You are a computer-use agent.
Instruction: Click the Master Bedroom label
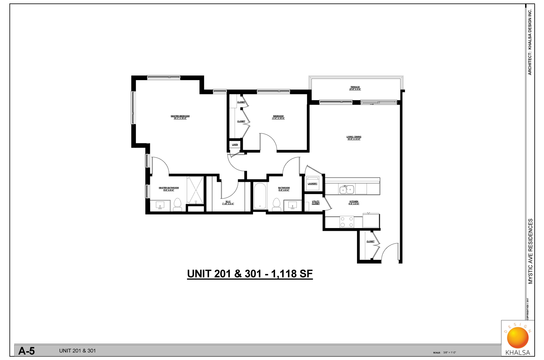(x=180, y=116)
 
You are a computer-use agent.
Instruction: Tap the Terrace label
(x=355, y=87)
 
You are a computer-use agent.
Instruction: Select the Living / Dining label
(x=354, y=137)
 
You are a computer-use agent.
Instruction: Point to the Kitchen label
(x=354, y=202)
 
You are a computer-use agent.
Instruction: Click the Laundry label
(x=313, y=184)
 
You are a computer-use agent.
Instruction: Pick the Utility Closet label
(x=316, y=203)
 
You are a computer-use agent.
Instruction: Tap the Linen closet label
(x=235, y=145)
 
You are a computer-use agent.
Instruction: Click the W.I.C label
(x=228, y=202)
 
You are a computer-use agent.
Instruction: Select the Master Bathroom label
(x=169, y=188)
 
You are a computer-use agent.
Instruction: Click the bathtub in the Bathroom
(x=260, y=196)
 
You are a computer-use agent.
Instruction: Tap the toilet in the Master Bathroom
(x=177, y=205)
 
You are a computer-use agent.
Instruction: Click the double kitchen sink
(x=347, y=189)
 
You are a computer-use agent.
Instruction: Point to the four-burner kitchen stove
(x=347, y=222)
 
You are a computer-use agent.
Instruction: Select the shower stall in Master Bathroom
(x=195, y=190)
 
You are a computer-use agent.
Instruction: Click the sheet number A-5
(x=26, y=351)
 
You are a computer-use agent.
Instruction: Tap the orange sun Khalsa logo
(x=518, y=338)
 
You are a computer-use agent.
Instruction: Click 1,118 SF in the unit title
(x=292, y=274)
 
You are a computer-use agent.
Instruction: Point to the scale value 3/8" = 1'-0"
(x=450, y=353)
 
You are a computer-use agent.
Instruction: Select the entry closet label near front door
(x=370, y=242)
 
